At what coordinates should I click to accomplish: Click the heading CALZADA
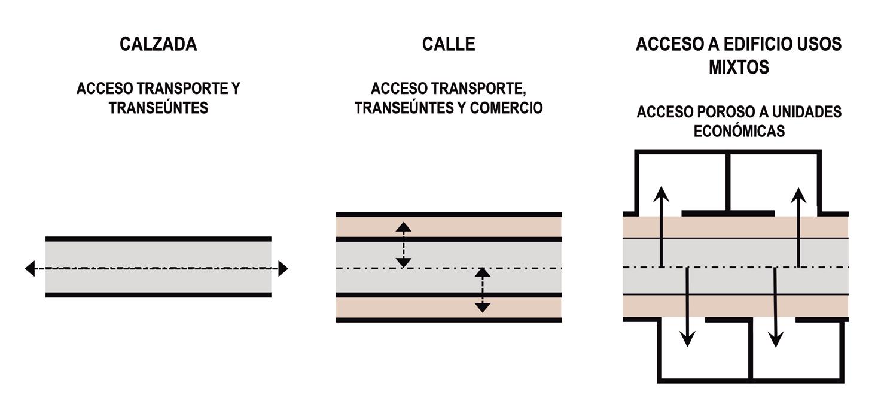[158, 44]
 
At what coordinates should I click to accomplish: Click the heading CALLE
[449, 44]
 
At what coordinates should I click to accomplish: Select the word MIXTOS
[739, 67]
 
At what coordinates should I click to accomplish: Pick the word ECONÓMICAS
[739, 132]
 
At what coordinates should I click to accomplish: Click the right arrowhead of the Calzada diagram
[283, 269]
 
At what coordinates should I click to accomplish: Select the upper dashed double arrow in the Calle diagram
[404, 244]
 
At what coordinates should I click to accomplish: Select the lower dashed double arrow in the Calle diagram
[483, 290]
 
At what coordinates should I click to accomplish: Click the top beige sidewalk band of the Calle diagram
[449, 226]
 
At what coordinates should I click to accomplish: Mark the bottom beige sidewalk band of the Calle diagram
[449, 308]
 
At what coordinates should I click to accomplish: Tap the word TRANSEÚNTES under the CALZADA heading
[158, 108]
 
